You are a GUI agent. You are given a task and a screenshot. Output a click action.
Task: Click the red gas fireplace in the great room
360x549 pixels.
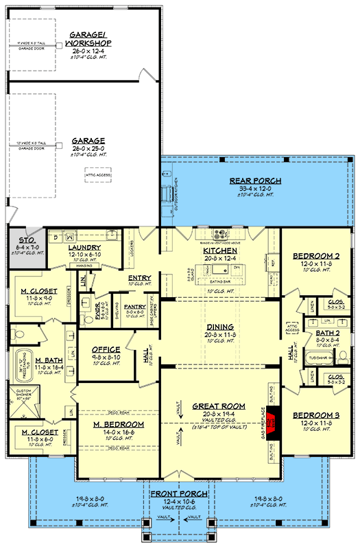274,419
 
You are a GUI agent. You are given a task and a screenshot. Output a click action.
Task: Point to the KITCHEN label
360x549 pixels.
219,250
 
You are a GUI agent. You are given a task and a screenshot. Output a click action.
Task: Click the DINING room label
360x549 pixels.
219,327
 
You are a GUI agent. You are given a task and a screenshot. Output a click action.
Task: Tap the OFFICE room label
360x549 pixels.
105,349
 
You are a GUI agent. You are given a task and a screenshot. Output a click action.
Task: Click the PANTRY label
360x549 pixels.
134,308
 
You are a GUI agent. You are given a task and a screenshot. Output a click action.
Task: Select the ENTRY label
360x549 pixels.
139,278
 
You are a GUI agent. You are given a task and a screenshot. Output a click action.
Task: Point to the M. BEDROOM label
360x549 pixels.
118,425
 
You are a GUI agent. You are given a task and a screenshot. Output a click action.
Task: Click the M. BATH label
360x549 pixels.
49,360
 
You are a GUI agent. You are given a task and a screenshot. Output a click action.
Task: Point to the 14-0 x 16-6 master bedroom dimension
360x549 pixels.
118,433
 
